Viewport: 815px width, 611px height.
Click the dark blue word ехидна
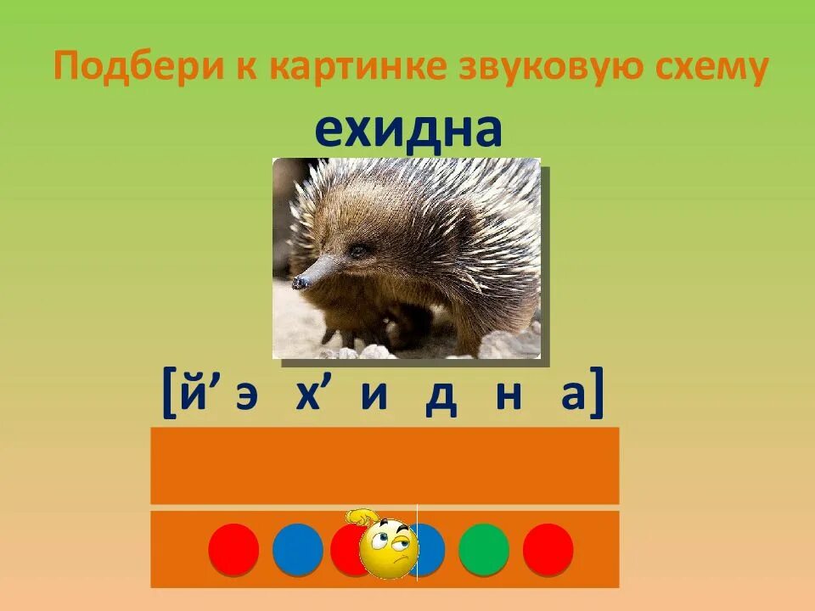(408, 130)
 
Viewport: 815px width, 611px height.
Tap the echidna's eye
(360, 251)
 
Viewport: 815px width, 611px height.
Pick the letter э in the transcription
(246, 398)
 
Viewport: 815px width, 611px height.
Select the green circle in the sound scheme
(484, 549)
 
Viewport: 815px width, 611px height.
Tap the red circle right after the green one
(548, 549)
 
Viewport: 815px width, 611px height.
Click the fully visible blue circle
(297, 549)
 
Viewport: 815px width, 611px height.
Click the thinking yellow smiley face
(386, 545)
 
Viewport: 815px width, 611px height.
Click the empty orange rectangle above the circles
(385, 465)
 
